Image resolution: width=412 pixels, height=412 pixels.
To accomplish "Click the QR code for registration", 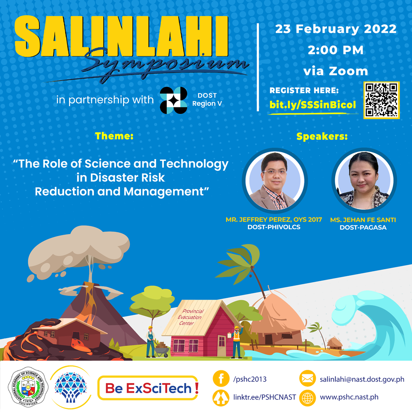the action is point(381,100).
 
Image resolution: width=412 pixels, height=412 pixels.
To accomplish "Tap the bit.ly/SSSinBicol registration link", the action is point(312,105).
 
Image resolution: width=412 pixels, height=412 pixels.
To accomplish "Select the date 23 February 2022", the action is point(336,29).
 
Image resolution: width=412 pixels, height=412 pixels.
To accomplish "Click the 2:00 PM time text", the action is point(336,50).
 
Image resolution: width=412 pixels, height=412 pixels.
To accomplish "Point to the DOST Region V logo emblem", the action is point(174,100).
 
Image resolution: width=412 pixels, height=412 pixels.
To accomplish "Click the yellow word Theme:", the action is point(114,136).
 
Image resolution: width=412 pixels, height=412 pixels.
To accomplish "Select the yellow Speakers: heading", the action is point(322,136).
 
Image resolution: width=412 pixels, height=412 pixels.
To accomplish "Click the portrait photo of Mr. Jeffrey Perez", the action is point(275,180).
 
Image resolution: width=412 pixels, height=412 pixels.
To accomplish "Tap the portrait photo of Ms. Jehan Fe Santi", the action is point(364,180).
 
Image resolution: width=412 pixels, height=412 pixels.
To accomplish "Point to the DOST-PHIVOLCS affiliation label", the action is point(274,227).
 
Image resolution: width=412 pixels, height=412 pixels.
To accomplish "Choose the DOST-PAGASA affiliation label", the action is point(363,227).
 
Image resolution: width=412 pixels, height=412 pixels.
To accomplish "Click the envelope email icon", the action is point(308,378).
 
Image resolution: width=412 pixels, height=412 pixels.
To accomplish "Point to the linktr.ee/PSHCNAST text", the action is point(265,397).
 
